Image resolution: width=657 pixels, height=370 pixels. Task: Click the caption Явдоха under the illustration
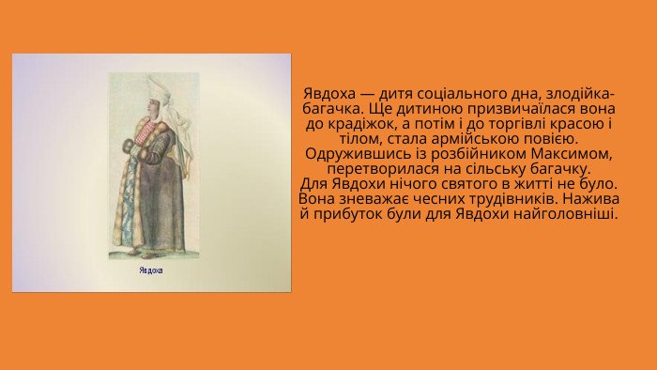pyautogui.click(x=150, y=271)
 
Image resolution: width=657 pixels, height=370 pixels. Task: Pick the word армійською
pyautogui.click(x=501, y=138)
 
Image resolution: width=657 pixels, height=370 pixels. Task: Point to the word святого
pyautogui.click(x=466, y=183)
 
